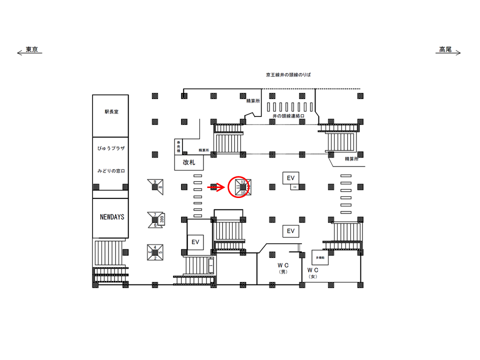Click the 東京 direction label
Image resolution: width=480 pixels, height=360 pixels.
click(x=32, y=49)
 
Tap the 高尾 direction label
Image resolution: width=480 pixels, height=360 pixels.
click(x=445, y=49)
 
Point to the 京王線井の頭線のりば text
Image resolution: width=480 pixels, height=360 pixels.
click(x=289, y=75)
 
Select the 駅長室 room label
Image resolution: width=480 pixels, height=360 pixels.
click(x=111, y=112)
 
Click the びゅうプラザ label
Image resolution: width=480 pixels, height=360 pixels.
click(x=111, y=149)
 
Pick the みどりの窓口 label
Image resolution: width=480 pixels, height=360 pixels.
click(x=111, y=171)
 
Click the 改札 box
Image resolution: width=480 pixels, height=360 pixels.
click(x=188, y=163)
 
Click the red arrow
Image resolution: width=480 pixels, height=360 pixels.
click(x=215, y=187)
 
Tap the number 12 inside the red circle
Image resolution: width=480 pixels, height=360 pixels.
click(x=243, y=181)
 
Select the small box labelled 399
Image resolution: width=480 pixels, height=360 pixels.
click(x=162, y=219)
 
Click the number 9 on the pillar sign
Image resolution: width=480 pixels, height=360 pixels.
click(x=155, y=181)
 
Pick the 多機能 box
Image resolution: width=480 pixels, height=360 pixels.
click(x=320, y=257)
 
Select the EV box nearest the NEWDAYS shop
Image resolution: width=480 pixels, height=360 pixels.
click(x=195, y=242)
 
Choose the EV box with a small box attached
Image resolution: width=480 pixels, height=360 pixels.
click(x=290, y=177)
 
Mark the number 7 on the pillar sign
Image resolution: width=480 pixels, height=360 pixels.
click(x=155, y=214)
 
